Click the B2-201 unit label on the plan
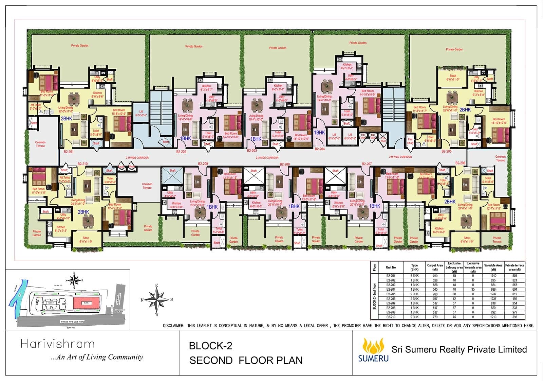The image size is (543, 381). tap(69, 152)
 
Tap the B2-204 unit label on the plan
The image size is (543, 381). tap(319, 149)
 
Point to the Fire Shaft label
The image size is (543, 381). tap(410, 141)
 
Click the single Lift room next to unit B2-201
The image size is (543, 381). tap(141, 114)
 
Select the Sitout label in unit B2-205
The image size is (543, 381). tap(453, 77)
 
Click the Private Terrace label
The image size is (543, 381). tap(497, 240)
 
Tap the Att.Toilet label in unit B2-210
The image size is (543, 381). tap(64, 179)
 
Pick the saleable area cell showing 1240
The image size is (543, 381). tap(493, 276)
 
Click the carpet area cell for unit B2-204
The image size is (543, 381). tap(435, 290)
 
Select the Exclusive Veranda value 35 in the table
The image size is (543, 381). tap(473, 290)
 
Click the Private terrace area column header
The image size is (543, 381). tap(514, 267)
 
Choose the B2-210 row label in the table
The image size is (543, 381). tap(391, 317)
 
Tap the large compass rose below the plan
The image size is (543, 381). tap(157, 299)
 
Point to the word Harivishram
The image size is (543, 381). tap(57, 344)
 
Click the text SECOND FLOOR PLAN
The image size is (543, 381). tap(246, 360)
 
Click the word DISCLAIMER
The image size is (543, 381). tap(173, 326)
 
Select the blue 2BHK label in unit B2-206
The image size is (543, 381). tap(450, 202)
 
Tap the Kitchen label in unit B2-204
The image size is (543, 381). tap(347, 64)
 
